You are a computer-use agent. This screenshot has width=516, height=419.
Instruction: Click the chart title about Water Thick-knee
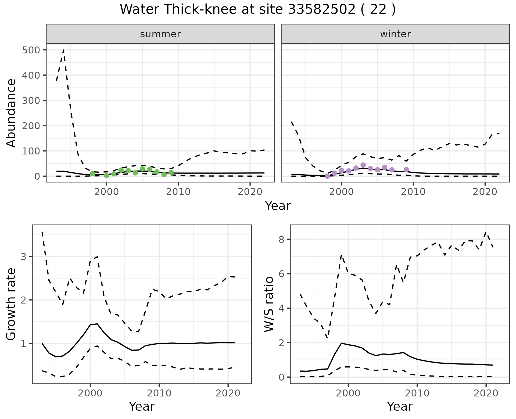pos(258,10)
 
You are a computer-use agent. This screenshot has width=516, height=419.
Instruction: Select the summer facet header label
pos(160,34)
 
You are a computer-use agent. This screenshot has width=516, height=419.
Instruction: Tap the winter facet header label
pos(395,34)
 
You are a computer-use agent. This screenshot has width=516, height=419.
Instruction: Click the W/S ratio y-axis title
pos(269,304)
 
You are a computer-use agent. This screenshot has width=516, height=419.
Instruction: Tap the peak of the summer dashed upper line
pos(63,50)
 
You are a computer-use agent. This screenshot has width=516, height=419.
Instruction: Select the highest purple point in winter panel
pos(363,165)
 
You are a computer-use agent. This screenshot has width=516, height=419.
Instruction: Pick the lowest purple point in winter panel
pos(327,176)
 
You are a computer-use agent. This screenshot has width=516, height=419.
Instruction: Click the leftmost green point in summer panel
pos(92,174)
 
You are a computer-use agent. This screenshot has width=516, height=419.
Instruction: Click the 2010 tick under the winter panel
pos(413,192)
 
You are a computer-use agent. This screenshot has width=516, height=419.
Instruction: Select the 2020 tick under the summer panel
pos(250,192)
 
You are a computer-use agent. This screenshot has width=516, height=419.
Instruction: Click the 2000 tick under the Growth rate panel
pos(90,393)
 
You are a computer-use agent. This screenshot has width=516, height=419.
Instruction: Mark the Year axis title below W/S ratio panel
pos(400,406)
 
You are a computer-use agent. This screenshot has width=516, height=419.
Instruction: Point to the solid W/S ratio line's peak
pos(341,343)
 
